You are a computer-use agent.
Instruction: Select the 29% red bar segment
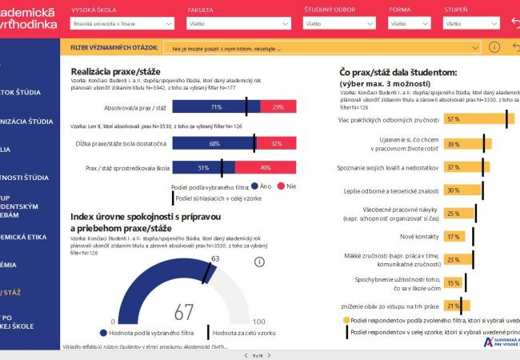coord(278,107)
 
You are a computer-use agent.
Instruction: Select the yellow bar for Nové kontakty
coord(454,237)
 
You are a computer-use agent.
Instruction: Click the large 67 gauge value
coord(184,312)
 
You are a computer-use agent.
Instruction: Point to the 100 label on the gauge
coord(258,322)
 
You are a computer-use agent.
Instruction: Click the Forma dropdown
coord(409,24)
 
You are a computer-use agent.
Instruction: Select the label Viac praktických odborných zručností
coord(389,120)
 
